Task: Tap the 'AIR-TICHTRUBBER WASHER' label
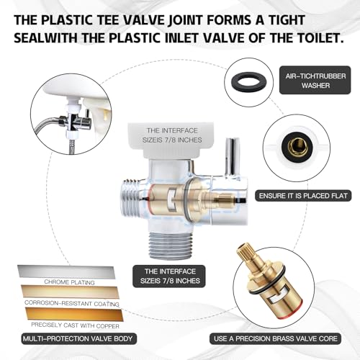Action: pos(315,80)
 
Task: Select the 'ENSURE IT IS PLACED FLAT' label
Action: pos(303,196)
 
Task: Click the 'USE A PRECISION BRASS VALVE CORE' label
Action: pos(275,338)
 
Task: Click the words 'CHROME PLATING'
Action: pos(69,282)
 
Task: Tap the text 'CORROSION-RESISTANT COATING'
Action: pos(72,303)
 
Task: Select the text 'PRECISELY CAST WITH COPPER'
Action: pos(75,325)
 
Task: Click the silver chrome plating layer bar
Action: pos(66,272)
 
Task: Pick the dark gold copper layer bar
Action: pos(74,315)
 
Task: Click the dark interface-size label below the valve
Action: pos(169,276)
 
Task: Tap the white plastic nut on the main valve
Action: pos(171,140)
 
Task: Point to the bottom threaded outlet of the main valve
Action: pos(170,244)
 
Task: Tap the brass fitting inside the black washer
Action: pos(296,146)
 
